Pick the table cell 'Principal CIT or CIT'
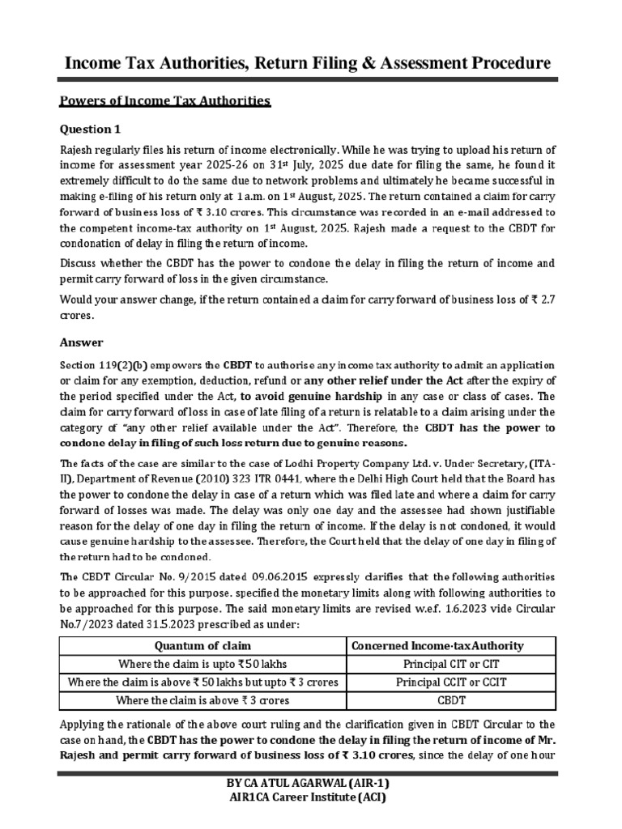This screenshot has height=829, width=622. click(451, 664)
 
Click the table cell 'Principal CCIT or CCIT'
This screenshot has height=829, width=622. click(451, 682)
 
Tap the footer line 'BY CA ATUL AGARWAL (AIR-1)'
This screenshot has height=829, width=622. click(311, 784)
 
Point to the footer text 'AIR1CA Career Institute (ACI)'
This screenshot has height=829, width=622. click(311, 798)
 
